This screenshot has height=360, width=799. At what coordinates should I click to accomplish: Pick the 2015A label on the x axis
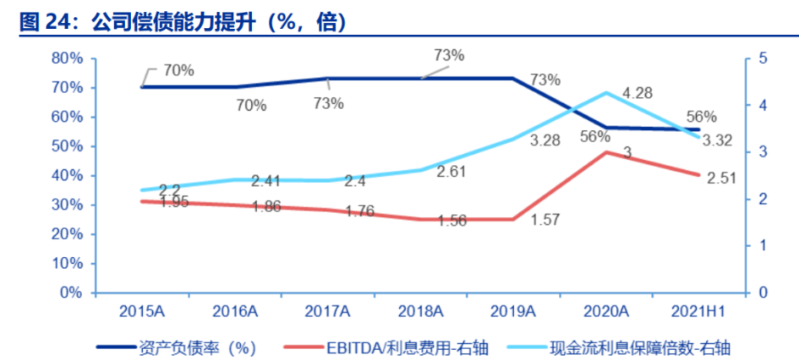141,312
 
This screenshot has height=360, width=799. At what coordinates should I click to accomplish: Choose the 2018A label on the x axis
419,312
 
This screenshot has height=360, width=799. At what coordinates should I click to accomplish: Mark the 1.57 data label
544,221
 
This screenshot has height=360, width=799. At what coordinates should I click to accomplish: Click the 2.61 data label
452,174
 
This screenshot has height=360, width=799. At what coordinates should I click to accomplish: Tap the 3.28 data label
544,140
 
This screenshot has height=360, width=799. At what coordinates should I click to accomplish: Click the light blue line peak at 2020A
606,93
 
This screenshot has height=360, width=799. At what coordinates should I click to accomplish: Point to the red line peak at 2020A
606,152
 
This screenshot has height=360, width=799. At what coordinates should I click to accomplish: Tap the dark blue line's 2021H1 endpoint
699,129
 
